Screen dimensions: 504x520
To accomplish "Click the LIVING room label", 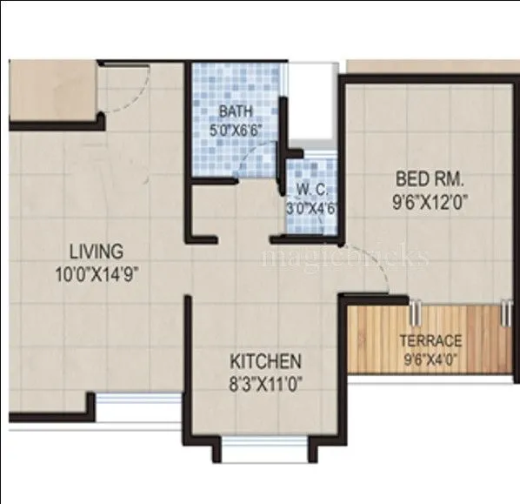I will (x=97, y=252).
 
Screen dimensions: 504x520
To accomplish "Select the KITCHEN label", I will (x=265, y=360).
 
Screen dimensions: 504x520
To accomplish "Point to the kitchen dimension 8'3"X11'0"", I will (x=265, y=380).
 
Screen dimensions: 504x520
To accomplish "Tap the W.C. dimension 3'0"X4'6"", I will (x=310, y=209).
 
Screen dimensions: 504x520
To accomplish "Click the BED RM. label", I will (x=430, y=179).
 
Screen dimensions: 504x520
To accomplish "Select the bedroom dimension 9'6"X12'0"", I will (x=430, y=199).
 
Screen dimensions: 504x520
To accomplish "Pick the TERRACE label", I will (x=430, y=339).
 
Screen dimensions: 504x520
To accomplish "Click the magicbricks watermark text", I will (x=345, y=258).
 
